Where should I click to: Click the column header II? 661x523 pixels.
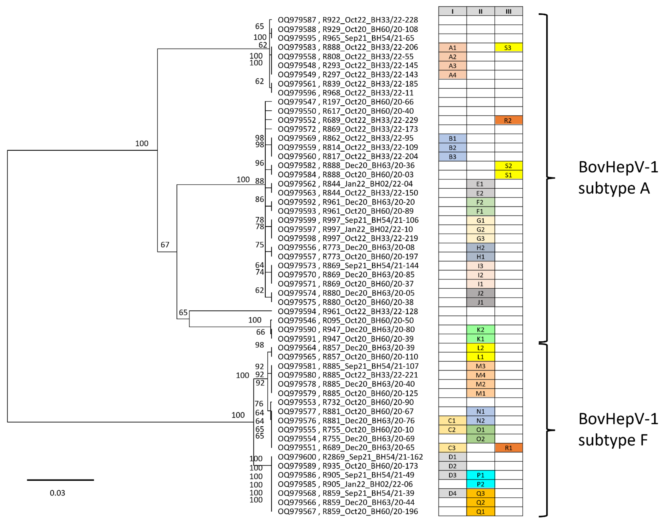(x=480, y=11)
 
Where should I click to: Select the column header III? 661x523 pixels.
(x=508, y=11)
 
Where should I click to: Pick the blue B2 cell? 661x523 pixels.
(x=452, y=148)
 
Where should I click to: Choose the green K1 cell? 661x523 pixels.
(x=480, y=339)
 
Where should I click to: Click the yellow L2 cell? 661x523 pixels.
(x=480, y=348)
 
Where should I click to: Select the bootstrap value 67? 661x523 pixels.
(x=165, y=245)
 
